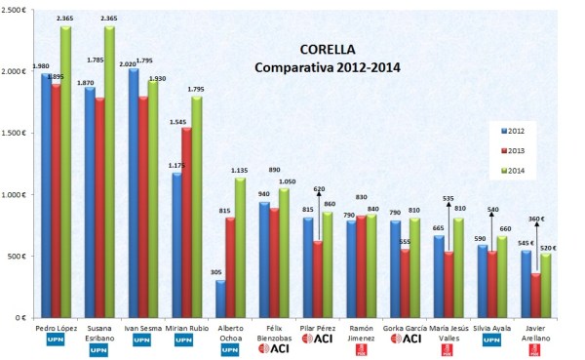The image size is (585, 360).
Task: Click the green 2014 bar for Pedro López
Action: click(66, 176)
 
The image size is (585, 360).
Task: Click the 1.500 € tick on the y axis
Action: click(18, 134)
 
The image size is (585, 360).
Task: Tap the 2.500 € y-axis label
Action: click(18, 11)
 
